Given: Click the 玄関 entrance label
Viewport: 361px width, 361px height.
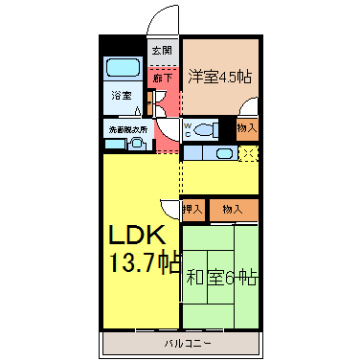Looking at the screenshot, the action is point(162,51).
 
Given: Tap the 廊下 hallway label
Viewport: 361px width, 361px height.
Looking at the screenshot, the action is point(163,78).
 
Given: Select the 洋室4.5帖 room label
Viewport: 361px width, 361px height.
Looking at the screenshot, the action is point(220,77).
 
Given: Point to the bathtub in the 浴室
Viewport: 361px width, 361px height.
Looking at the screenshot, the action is point(123,67).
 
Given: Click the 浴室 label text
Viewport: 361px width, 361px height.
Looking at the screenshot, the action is point(122,95).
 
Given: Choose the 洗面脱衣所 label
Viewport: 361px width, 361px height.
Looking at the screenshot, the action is point(128,130).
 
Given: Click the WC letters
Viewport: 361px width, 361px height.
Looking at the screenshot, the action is point(188,130).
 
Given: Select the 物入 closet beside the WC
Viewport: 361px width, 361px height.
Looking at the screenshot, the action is point(247,128).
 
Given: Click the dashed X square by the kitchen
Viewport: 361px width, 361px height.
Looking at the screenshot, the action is point(249,154).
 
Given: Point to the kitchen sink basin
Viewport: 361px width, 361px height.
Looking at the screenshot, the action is point(225,154).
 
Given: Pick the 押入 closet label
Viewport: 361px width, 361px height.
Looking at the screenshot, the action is point(192,210).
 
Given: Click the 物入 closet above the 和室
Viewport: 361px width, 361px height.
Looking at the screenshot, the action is point(233,210).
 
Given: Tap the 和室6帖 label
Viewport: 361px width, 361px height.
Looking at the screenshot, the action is point(222,277).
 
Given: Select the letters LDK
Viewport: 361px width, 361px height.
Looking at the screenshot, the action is point(137,235).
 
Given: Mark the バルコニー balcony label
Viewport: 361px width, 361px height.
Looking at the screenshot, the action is point(188,344).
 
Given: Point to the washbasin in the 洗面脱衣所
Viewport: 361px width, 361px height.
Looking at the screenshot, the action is point(137,143).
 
